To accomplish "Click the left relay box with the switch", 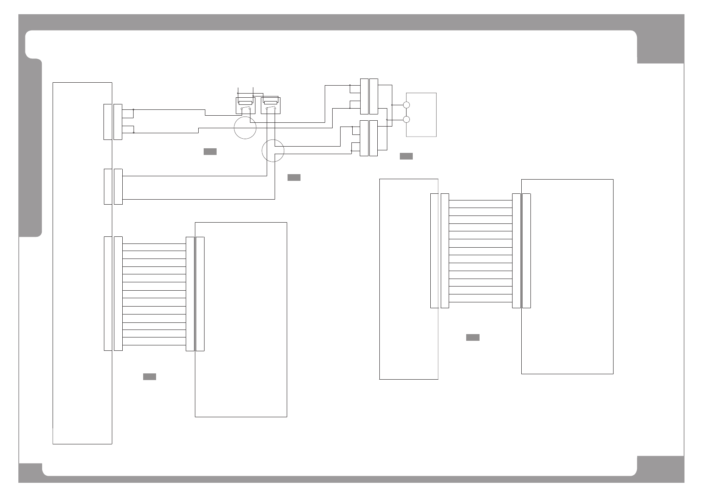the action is pyautogui.click(x=245, y=105).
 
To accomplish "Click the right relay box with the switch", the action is pyautogui.click(x=270, y=105).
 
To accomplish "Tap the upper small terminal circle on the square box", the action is pyautogui.click(x=407, y=105).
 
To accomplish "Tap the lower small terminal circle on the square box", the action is pyautogui.click(x=407, y=120).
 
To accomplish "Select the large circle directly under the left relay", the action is pyautogui.click(x=245, y=128).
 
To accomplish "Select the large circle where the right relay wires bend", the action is pyautogui.click(x=273, y=151).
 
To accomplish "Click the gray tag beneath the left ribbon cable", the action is pyautogui.click(x=149, y=377).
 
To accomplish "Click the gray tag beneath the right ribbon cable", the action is pyautogui.click(x=472, y=337).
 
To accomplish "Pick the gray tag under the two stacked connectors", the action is pyautogui.click(x=406, y=156).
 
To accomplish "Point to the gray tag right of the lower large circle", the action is pyautogui.click(x=294, y=177).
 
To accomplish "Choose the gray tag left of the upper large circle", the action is pyautogui.click(x=210, y=151).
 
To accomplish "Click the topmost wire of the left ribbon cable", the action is pyautogui.click(x=154, y=243).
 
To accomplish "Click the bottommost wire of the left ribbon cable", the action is pyautogui.click(x=154, y=345).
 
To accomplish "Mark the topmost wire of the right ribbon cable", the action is pyautogui.click(x=480, y=200).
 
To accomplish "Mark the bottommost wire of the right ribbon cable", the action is pyautogui.click(x=480, y=302).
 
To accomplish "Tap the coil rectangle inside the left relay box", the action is pyautogui.click(x=245, y=102).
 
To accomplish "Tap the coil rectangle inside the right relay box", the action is pyautogui.click(x=270, y=102).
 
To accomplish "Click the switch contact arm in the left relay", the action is pyautogui.click(x=245, y=109).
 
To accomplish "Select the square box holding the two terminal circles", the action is pyautogui.click(x=422, y=114).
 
